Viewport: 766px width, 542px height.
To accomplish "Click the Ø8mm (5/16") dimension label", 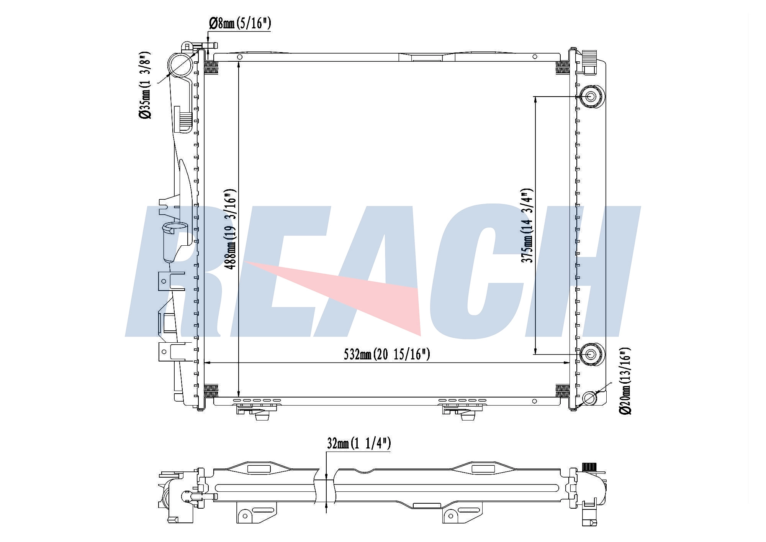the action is pos(240,24).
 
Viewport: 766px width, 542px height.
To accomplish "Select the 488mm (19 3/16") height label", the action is pos(230,229).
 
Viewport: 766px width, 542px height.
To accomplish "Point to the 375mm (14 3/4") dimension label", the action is pos(527,226).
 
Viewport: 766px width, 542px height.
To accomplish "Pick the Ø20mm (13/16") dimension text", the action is pos(625,381).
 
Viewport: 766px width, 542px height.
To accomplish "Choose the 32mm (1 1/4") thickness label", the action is pos(359,443).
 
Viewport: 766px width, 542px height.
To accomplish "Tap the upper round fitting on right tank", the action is pos(591,97).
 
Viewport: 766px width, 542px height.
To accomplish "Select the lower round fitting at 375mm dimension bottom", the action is pos(590,354).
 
